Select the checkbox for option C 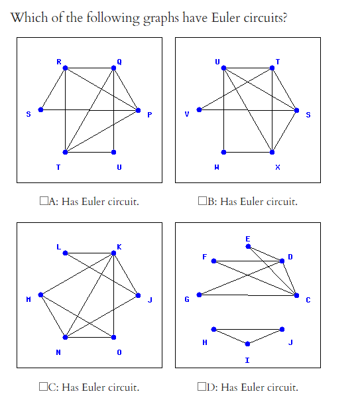pos(43,387)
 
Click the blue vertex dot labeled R pos(65,68)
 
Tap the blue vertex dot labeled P pos(139,109)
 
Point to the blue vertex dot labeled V pos(199,109)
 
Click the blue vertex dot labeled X pos(272,152)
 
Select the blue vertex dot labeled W pos(223,152)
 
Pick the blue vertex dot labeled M pos(40,295)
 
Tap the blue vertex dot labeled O pos(114,337)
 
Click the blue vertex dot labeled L pos(65,252)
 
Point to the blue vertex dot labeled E pos(248,246)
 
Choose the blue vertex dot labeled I pos(248,344)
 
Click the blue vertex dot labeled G pos(199,295)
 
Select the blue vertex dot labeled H pos(213,329)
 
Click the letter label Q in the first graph pos(119,62)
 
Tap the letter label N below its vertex pos(58,352)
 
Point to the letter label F pos(205,256)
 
